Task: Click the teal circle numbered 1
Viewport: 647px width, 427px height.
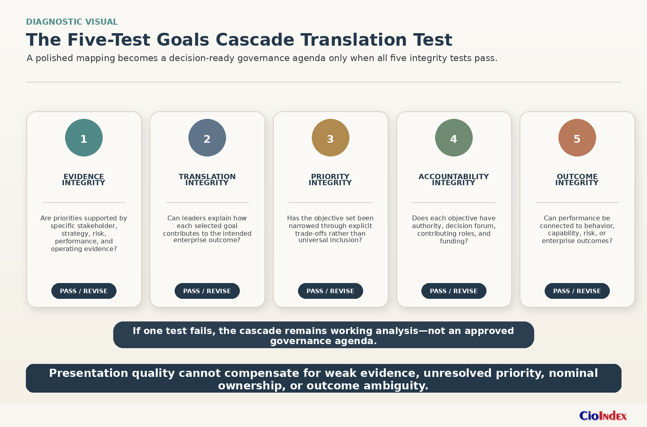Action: tap(84, 138)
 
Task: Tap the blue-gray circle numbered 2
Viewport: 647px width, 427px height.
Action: tap(207, 138)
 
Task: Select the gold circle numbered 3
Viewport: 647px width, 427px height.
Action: tap(330, 138)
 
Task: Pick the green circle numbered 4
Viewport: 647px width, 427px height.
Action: tap(454, 138)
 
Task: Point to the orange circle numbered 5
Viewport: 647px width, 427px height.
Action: tap(577, 138)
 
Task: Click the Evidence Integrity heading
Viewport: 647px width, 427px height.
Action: tap(84, 180)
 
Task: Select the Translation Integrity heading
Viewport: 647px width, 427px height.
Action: tap(207, 180)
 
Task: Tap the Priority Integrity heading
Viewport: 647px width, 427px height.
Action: tap(330, 180)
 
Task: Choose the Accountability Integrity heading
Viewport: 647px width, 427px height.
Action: tap(454, 180)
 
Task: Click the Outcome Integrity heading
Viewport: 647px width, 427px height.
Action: tap(577, 180)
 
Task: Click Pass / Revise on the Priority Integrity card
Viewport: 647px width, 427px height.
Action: tap(330, 291)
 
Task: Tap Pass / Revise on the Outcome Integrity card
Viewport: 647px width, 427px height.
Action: tap(577, 291)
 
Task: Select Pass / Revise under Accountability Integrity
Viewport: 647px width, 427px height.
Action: tap(454, 291)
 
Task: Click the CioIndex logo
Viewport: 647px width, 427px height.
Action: tap(603, 416)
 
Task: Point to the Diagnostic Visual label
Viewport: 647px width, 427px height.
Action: tap(72, 22)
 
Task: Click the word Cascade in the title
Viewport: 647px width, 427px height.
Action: tap(255, 40)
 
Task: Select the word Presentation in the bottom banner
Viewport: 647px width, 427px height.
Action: tap(89, 373)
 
